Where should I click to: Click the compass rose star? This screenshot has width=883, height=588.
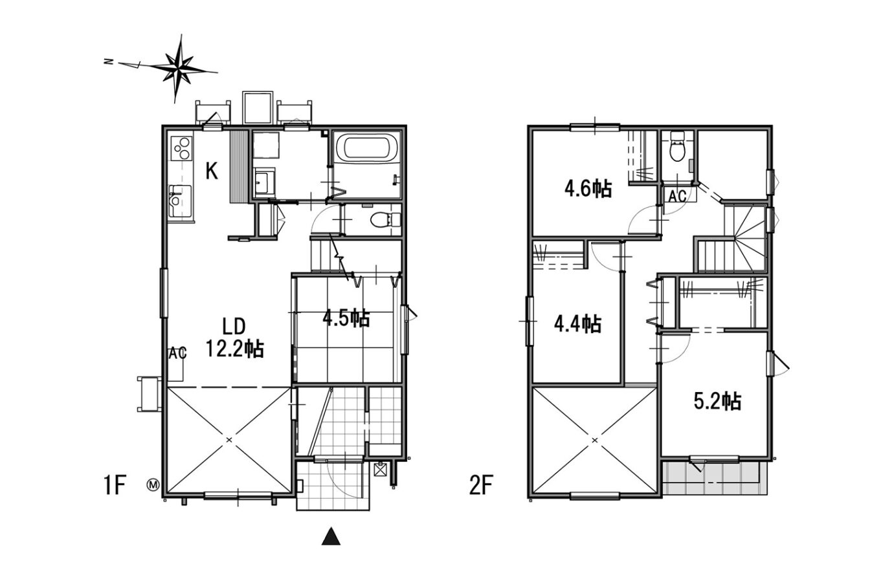click(180, 69)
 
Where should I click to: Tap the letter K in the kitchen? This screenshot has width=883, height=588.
click(212, 171)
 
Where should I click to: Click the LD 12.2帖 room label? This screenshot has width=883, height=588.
click(235, 337)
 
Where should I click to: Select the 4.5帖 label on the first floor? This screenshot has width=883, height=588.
click(346, 318)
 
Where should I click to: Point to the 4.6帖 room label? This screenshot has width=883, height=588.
click(588, 189)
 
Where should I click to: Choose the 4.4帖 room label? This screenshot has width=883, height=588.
click(578, 323)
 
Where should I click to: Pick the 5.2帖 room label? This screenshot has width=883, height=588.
click(717, 402)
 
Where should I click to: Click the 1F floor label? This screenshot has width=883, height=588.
click(115, 485)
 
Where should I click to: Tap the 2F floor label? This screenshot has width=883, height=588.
click(481, 485)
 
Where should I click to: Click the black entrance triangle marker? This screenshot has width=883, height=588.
click(331, 537)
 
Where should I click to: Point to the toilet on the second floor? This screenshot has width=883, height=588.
click(678, 146)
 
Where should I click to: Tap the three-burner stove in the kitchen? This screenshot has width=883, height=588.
click(181, 147)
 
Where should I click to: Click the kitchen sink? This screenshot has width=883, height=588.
click(180, 201)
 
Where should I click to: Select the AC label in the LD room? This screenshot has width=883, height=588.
click(177, 354)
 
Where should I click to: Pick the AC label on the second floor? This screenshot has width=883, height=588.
click(678, 196)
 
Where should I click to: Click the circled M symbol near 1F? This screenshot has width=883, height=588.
click(153, 485)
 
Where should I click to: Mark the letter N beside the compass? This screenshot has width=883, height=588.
click(108, 61)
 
